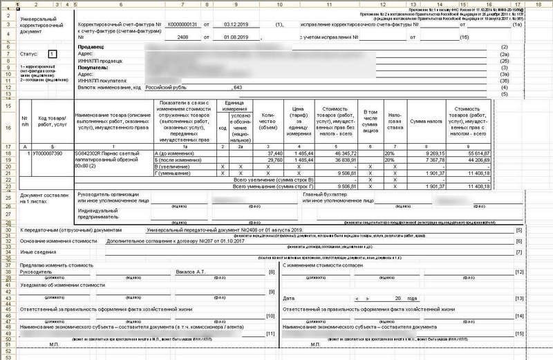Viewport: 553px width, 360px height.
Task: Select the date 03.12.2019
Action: coord(240,24)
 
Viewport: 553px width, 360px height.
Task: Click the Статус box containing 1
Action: coord(53,53)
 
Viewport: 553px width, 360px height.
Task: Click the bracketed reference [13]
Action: coord(519,297)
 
